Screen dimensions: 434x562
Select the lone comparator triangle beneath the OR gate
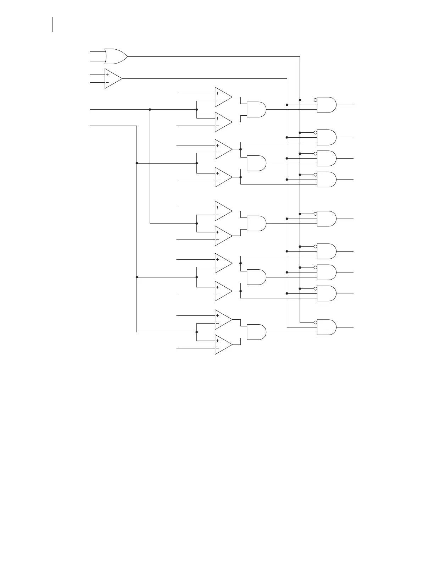point(113,79)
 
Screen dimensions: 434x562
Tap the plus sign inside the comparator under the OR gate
point(107,75)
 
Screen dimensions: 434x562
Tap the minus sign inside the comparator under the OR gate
point(107,83)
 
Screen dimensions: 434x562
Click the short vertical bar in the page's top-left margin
point(52,24)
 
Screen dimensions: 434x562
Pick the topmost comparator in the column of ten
point(223,97)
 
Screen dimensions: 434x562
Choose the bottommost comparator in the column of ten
point(223,345)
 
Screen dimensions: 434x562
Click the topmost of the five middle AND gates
point(256,110)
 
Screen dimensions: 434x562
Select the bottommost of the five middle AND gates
point(256,332)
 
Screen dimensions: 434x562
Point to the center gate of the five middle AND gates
point(256,224)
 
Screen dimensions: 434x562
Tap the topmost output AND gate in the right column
point(326,105)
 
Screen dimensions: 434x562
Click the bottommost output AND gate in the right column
point(326,327)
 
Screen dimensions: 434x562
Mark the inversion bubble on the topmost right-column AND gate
point(315,100)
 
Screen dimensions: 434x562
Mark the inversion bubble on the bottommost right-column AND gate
point(315,322)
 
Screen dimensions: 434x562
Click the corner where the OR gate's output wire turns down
point(300,56)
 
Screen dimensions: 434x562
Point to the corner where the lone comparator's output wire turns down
point(287,79)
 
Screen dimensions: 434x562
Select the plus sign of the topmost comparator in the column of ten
point(217,93)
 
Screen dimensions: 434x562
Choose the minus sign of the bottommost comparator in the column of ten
point(217,348)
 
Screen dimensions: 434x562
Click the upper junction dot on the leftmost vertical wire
point(137,163)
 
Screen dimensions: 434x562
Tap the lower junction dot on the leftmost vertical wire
point(137,277)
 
